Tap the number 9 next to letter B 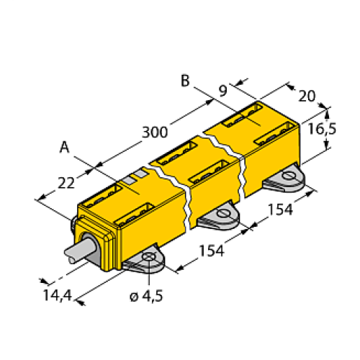[x=222, y=91]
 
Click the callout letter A [x=64, y=148]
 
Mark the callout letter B [x=185, y=81]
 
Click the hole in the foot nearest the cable [x=149, y=258]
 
